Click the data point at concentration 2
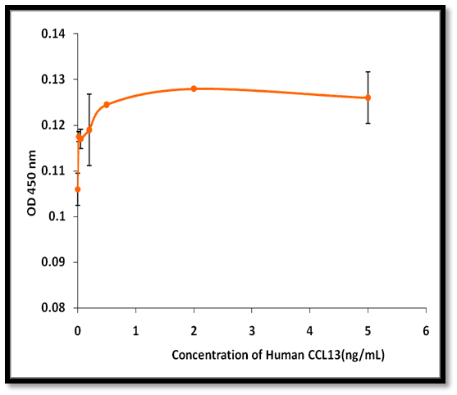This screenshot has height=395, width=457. coord(194,89)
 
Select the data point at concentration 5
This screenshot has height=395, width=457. coord(368,98)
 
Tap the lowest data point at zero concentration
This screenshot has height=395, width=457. coord(77,189)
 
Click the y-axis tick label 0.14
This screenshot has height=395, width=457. coord(53,34)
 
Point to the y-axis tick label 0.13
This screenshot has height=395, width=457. coord(53,79)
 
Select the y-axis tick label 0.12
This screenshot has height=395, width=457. coord(53,125)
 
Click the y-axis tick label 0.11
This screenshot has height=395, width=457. coord(53,170)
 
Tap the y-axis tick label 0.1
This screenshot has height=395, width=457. coord(57,216)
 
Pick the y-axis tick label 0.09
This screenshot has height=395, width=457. coord(53,262)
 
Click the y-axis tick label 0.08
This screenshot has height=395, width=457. coord(53,307)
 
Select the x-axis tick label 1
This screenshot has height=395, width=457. coord(136,331)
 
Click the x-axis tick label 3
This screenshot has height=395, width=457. coord(252,331)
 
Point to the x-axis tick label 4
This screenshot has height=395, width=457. coord(310,331)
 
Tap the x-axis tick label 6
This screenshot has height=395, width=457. coord(426,331)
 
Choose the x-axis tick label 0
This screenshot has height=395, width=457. coord(77,331)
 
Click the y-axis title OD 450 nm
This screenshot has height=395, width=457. coord(31,183)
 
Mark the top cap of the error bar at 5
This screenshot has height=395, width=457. coord(368,71)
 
